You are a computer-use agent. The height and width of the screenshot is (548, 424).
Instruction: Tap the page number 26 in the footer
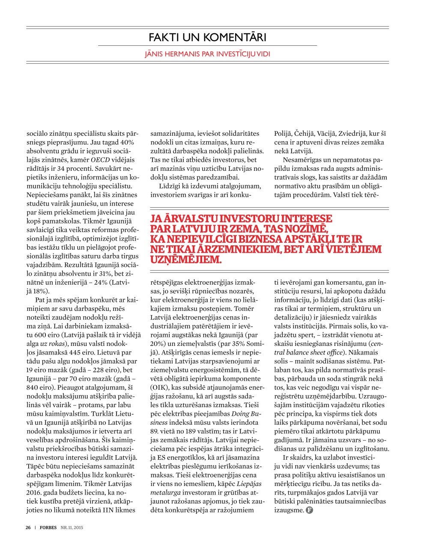pos(28,527)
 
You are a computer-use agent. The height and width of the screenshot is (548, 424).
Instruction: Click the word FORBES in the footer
pos(48,527)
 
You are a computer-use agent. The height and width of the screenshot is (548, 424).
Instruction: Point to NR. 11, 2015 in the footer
pos(72,527)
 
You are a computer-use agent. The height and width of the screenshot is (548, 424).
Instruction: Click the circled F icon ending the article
pos(309,510)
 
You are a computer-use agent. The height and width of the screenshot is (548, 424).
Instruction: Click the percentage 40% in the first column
pos(127,142)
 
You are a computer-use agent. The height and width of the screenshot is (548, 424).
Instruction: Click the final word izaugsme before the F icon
pos(289,510)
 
